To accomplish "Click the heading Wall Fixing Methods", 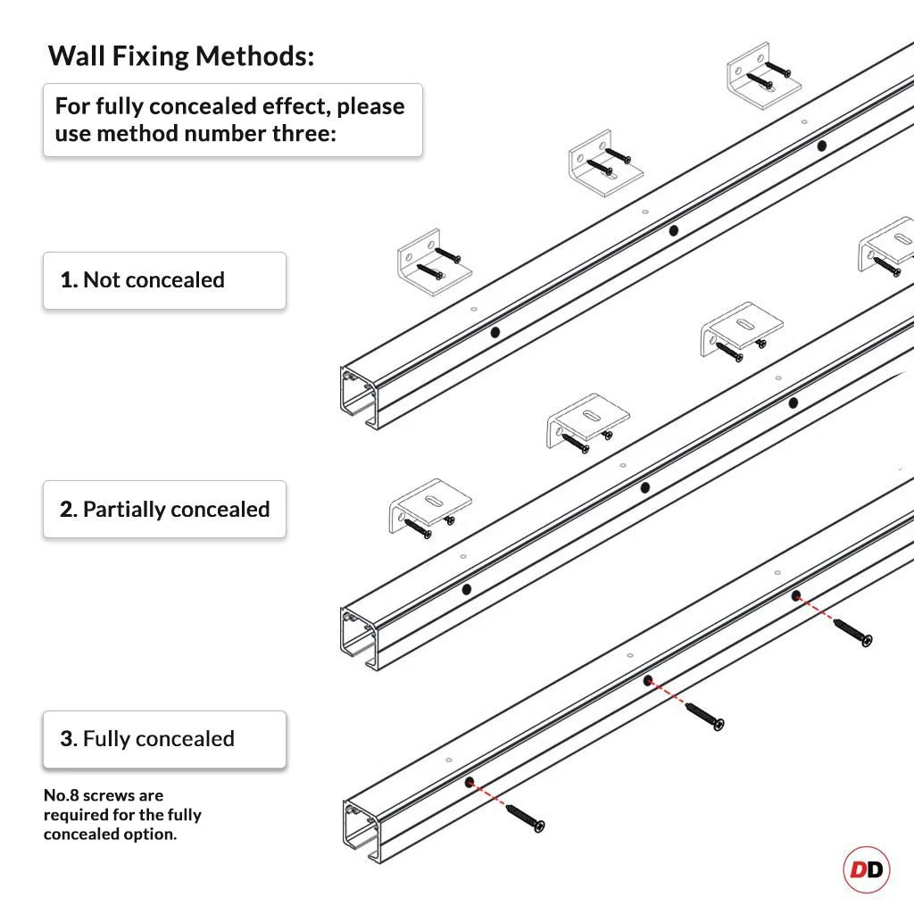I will pos(181,55).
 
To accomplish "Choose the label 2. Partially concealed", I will pos(164,510).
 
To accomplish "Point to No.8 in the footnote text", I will pos(62,795).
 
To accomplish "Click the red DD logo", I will pos(866,869).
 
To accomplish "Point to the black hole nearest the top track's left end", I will pos(495,332).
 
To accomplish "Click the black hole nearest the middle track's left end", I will pos(466,590).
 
